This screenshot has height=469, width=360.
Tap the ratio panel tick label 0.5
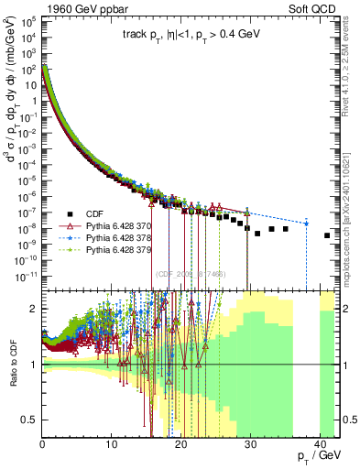pyautogui.click(x=30, y=420)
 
